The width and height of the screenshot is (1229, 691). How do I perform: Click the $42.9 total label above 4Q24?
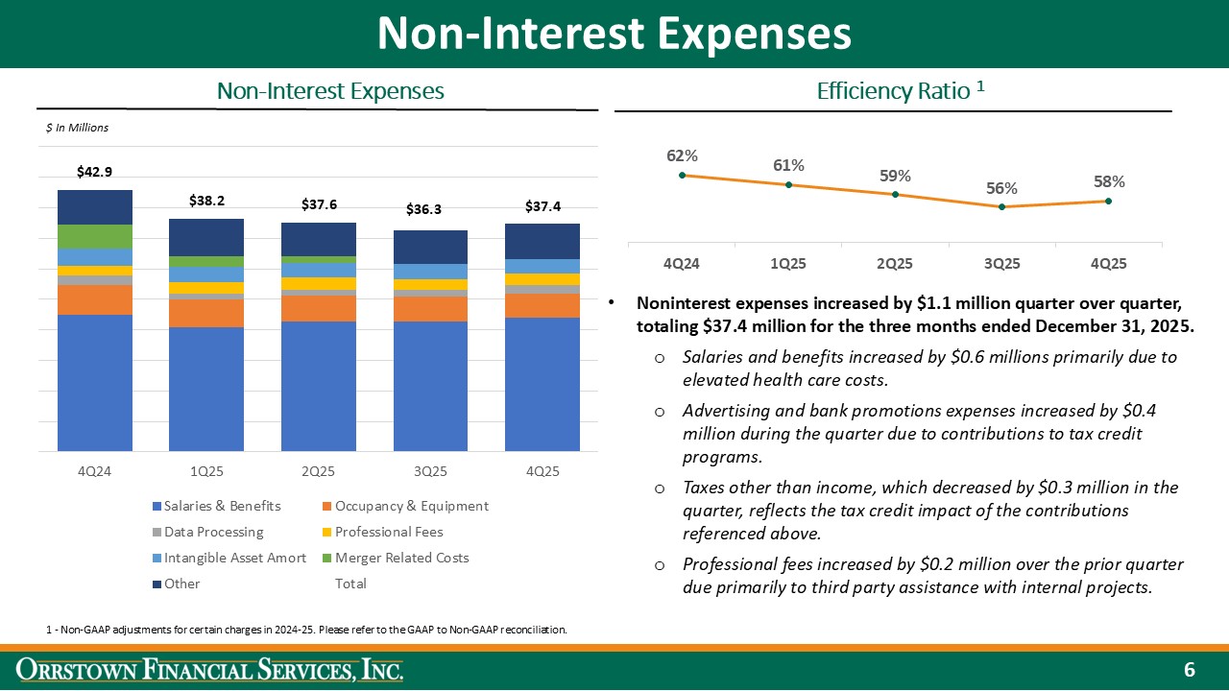click(x=94, y=172)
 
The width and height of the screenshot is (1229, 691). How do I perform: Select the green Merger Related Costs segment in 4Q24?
click(x=95, y=236)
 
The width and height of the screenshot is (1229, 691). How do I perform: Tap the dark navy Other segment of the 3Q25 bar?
click(x=430, y=247)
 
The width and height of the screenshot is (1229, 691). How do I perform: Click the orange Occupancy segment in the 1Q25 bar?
click(x=206, y=313)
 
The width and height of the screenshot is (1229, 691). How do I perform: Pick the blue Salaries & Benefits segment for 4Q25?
click(x=542, y=384)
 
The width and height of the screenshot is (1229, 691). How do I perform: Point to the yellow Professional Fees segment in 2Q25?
click(x=318, y=283)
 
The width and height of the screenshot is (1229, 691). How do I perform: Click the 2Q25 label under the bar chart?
click(x=318, y=472)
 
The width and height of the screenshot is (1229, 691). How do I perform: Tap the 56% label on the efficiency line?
click(x=1001, y=188)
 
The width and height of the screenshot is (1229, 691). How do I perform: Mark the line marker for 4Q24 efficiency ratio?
click(x=682, y=175)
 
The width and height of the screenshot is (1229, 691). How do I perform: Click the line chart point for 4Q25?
click(x=1108, y=201)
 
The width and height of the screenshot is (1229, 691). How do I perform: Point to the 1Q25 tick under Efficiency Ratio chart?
click(x=788, y=263)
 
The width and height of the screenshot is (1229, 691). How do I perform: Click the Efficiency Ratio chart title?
click(x=900, y=91)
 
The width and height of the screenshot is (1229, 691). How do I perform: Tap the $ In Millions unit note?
click(x=78, y=128)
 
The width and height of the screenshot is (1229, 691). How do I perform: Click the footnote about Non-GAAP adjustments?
click(x=306, y=630)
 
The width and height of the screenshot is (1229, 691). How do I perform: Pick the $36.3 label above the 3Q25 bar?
click(x=430, y=208)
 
